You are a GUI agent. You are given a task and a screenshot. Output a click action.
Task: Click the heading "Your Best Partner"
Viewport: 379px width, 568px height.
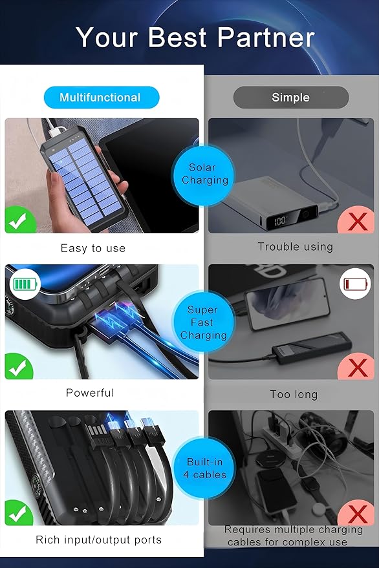(x=195, y=37)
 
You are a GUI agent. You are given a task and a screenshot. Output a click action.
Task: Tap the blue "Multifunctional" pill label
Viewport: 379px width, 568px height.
(x=101, y=98)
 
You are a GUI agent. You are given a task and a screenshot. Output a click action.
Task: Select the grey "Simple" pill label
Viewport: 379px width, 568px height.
(x=290, y=98)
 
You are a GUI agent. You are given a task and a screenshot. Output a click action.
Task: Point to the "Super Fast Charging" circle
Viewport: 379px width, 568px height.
(x=203, y=322)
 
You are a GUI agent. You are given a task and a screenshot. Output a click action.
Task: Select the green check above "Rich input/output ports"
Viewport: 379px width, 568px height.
(x=20, y=514)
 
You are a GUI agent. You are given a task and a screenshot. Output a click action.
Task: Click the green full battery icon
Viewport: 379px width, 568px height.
(x=25, y=283)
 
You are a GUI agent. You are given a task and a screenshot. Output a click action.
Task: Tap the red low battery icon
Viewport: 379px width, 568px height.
(x=356, y=283)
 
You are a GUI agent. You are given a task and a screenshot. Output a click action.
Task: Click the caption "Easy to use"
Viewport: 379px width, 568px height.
(x=93, y=248)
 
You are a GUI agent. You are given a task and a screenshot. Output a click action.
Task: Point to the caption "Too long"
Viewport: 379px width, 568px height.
(x=294, y=394)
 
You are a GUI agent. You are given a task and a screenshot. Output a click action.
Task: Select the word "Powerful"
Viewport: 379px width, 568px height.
(x=90, y=393)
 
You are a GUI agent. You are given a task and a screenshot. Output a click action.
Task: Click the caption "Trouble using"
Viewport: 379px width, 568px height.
(x=295, y=247)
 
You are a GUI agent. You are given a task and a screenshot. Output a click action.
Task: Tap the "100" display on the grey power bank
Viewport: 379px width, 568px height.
(x=280, y=221)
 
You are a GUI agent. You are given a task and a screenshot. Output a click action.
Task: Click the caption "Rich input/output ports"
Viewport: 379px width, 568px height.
(x=99, y=540)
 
